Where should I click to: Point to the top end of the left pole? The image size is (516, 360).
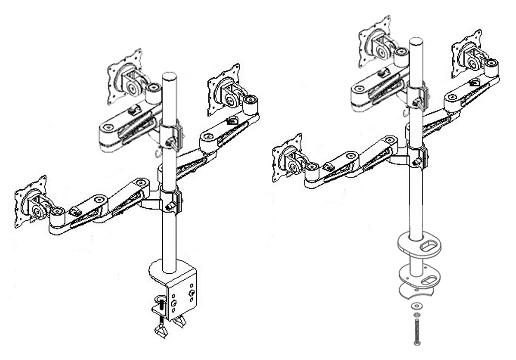tap(169, 76)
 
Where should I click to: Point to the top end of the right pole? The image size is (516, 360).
tap(415, 41)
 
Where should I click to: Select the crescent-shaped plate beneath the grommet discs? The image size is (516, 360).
tap(415, 291)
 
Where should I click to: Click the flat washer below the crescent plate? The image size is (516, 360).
tap(416, 306)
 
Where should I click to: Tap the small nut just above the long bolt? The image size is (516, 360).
tap(416, 315)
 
